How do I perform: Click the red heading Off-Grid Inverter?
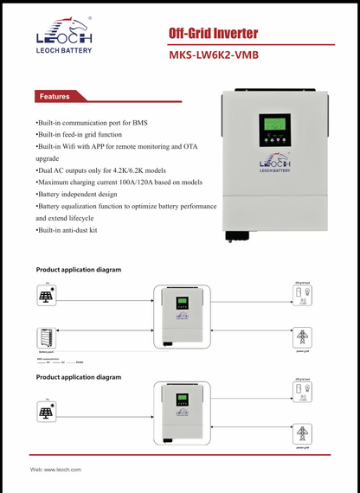point(212,34)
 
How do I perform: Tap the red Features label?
point(55,97)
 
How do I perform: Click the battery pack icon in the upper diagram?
point(46,337)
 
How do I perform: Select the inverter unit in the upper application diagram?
point(183,317)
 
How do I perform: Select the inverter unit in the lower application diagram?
point(183,413)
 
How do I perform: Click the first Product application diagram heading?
point(78,270)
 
